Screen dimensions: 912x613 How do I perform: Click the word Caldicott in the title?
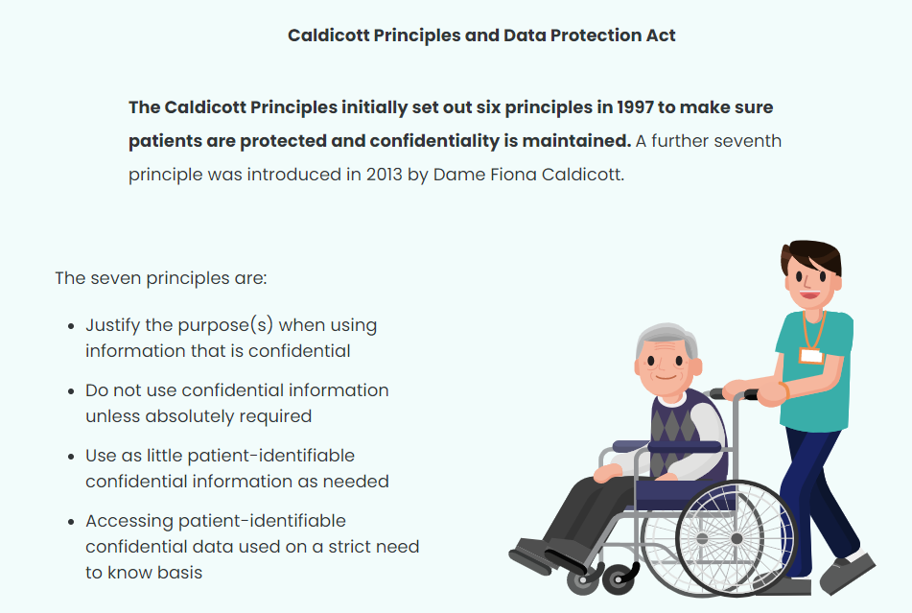pos(329,35)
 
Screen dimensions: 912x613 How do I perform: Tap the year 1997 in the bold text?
pos(635,107)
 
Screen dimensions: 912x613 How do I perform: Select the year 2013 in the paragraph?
pos(384,175)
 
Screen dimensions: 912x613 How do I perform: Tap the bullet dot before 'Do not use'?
pos(71,391)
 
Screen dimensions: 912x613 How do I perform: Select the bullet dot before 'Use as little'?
pos(71,457)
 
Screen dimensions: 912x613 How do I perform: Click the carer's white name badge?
pos(810,355)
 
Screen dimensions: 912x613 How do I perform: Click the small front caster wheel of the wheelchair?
pos(619,579)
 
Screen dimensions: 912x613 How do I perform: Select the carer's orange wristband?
pos(784,390)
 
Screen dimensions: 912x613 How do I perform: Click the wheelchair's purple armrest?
pos(667,447)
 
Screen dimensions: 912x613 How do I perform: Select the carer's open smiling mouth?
pos(809,295)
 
